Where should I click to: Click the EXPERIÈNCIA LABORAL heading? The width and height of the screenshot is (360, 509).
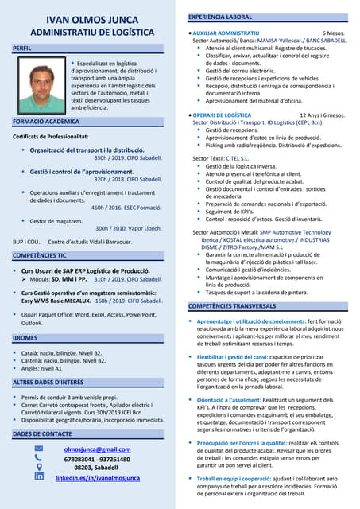click(219, 17)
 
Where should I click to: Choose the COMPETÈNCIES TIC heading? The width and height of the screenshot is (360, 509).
click(40, 256)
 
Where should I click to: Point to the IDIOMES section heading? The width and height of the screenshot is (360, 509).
click(25, 338)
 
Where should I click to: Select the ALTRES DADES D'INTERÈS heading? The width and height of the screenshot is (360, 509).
click(48, 383)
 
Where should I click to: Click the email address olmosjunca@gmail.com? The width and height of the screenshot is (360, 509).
click(97, 449)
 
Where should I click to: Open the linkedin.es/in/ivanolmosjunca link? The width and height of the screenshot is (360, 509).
click(98, 478)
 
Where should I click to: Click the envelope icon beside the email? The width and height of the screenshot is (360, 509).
click(39, 449)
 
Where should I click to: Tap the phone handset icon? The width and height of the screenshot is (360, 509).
click(39, 459)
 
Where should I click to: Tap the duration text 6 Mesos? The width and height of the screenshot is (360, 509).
click(335, 33)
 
